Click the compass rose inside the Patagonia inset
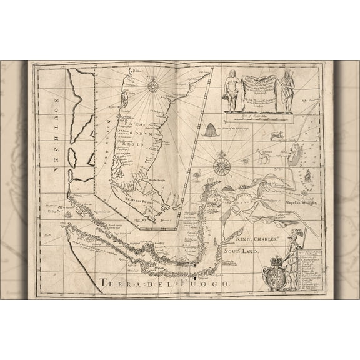pyautogui.click(x=152, y=86)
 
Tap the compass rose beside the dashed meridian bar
pyautogui.click(x=220, y=166)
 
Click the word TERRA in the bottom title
pyautogui.click(x=117, y=283)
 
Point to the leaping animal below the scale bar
pyautogui.click(x=277, y=134)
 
